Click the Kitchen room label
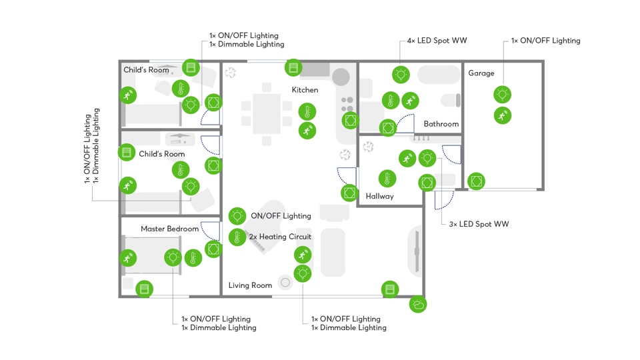click(305, 90)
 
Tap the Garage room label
click(481, 73)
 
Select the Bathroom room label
click(441, 124)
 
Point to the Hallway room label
click(379, 197)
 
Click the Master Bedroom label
click(169, 229)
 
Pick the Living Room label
click(250, 285)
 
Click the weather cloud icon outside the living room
click(418, 305)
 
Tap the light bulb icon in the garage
click(503, 95)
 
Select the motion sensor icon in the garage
click(503, 115)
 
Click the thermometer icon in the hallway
click(387, 178)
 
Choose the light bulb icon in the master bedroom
click(173, 257)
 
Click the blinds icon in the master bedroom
click(144, 289)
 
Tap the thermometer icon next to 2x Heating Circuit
click(237, 237)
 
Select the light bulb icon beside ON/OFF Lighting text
click(237, 216)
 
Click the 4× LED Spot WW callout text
click(437, 41)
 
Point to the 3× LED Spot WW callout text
click(479, 224)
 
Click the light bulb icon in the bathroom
click(401, 75)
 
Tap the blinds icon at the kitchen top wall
click(293, 67)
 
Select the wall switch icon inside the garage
click(476, 181)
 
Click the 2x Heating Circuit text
click(280, 237)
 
